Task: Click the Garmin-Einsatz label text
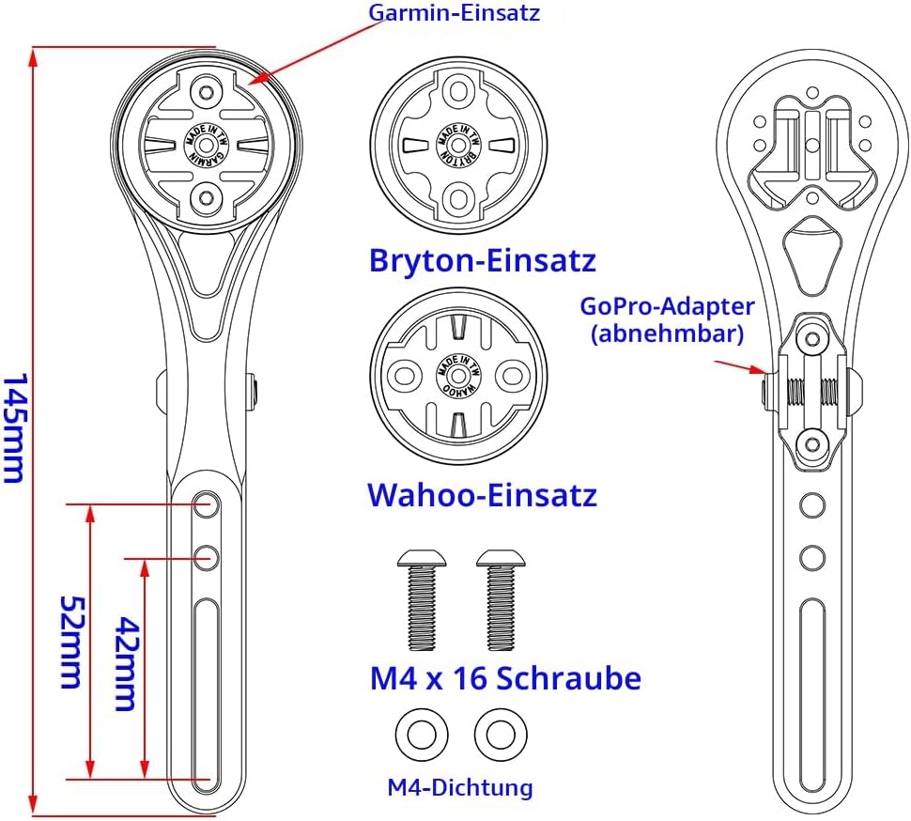pos(455,12)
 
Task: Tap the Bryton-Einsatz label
pos(483,260)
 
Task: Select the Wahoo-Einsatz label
pos(483,495)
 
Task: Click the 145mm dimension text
pos(14,428)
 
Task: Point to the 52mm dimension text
pos(72,642)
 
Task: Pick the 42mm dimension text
pos(126,663)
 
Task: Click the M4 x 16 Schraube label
pos(505,678)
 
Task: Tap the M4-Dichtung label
pos(460,788)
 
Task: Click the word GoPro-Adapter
pos(668,306)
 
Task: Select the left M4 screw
pos(422,599)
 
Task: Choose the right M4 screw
pos(501,599)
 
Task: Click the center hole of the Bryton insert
pos(459,143)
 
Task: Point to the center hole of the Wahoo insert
pos(458,376)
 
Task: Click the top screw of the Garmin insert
pos(206,91)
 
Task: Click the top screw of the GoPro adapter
pos(812,338)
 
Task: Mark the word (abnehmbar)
pos(668,334)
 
